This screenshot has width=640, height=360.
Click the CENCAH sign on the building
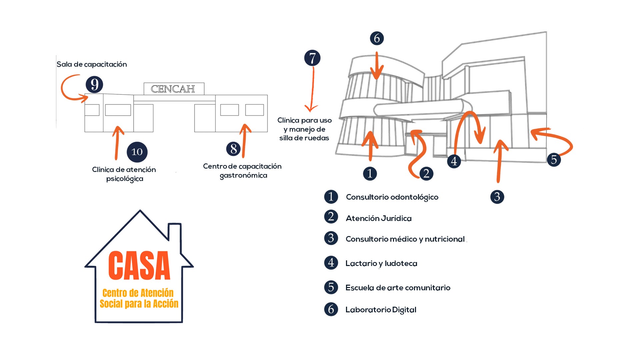point(174,89)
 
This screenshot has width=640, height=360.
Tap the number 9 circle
point(94,84)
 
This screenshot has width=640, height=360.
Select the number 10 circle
point(137,152)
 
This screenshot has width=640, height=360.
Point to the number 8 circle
point(233,149)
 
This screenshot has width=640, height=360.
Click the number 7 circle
point(312,58)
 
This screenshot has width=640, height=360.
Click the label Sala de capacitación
point(92,64)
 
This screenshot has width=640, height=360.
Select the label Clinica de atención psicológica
point(124,174)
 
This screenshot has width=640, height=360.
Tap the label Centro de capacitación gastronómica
point(242,171)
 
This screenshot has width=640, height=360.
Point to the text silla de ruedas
point(304,138)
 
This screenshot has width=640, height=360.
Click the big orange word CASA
point(139,266)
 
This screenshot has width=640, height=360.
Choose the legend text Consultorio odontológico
point(392,197)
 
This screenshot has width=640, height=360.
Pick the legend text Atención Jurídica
point(379,218)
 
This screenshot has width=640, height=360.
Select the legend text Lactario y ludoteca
point(381,263)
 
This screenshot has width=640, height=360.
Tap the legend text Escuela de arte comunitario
point(398,288)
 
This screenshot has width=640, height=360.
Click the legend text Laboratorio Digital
point(381,310)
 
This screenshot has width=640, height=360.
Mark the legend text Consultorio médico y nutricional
point(405,239)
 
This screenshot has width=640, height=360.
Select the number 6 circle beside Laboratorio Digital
point(331,309)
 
